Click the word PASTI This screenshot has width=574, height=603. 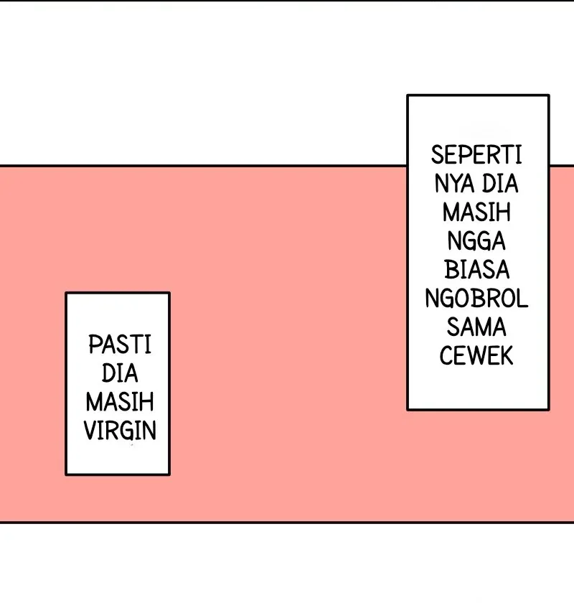coord(120,344)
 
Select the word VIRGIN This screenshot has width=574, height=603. coord(120,430)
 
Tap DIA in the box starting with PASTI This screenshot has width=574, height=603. coord(120,373)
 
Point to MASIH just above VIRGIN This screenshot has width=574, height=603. coord(120,401)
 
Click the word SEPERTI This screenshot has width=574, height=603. coord(476,155)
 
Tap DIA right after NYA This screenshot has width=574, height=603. coord(500,184)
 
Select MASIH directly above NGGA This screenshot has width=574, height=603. coord(476,212)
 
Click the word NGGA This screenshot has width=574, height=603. coord(476,241)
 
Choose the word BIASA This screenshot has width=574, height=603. coord(476,270)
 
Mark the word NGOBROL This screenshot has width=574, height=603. coord(476,299)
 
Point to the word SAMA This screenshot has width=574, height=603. coord(476,327)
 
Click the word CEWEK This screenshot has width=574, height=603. coord(476,356)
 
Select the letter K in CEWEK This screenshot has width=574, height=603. coord(507,356)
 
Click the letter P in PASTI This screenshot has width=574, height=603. coord(95,344)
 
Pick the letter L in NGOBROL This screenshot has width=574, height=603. coord(522,299)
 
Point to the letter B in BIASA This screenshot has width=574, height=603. coord(451,270)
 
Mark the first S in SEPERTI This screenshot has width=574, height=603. coord(437,155)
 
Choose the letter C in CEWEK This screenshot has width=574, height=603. coord(446,356)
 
